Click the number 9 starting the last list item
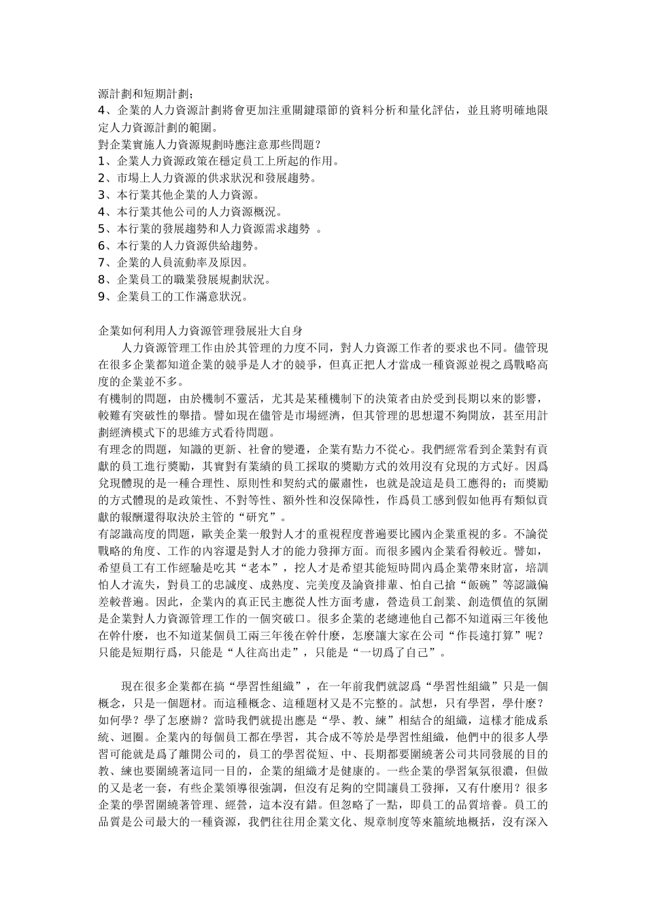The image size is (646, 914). (102, 297)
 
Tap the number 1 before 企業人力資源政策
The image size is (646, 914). (102, 162)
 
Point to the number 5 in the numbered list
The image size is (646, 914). (102, 229)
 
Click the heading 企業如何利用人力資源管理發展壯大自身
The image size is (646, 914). (201, 331)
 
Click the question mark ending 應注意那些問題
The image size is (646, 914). (318, 145)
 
